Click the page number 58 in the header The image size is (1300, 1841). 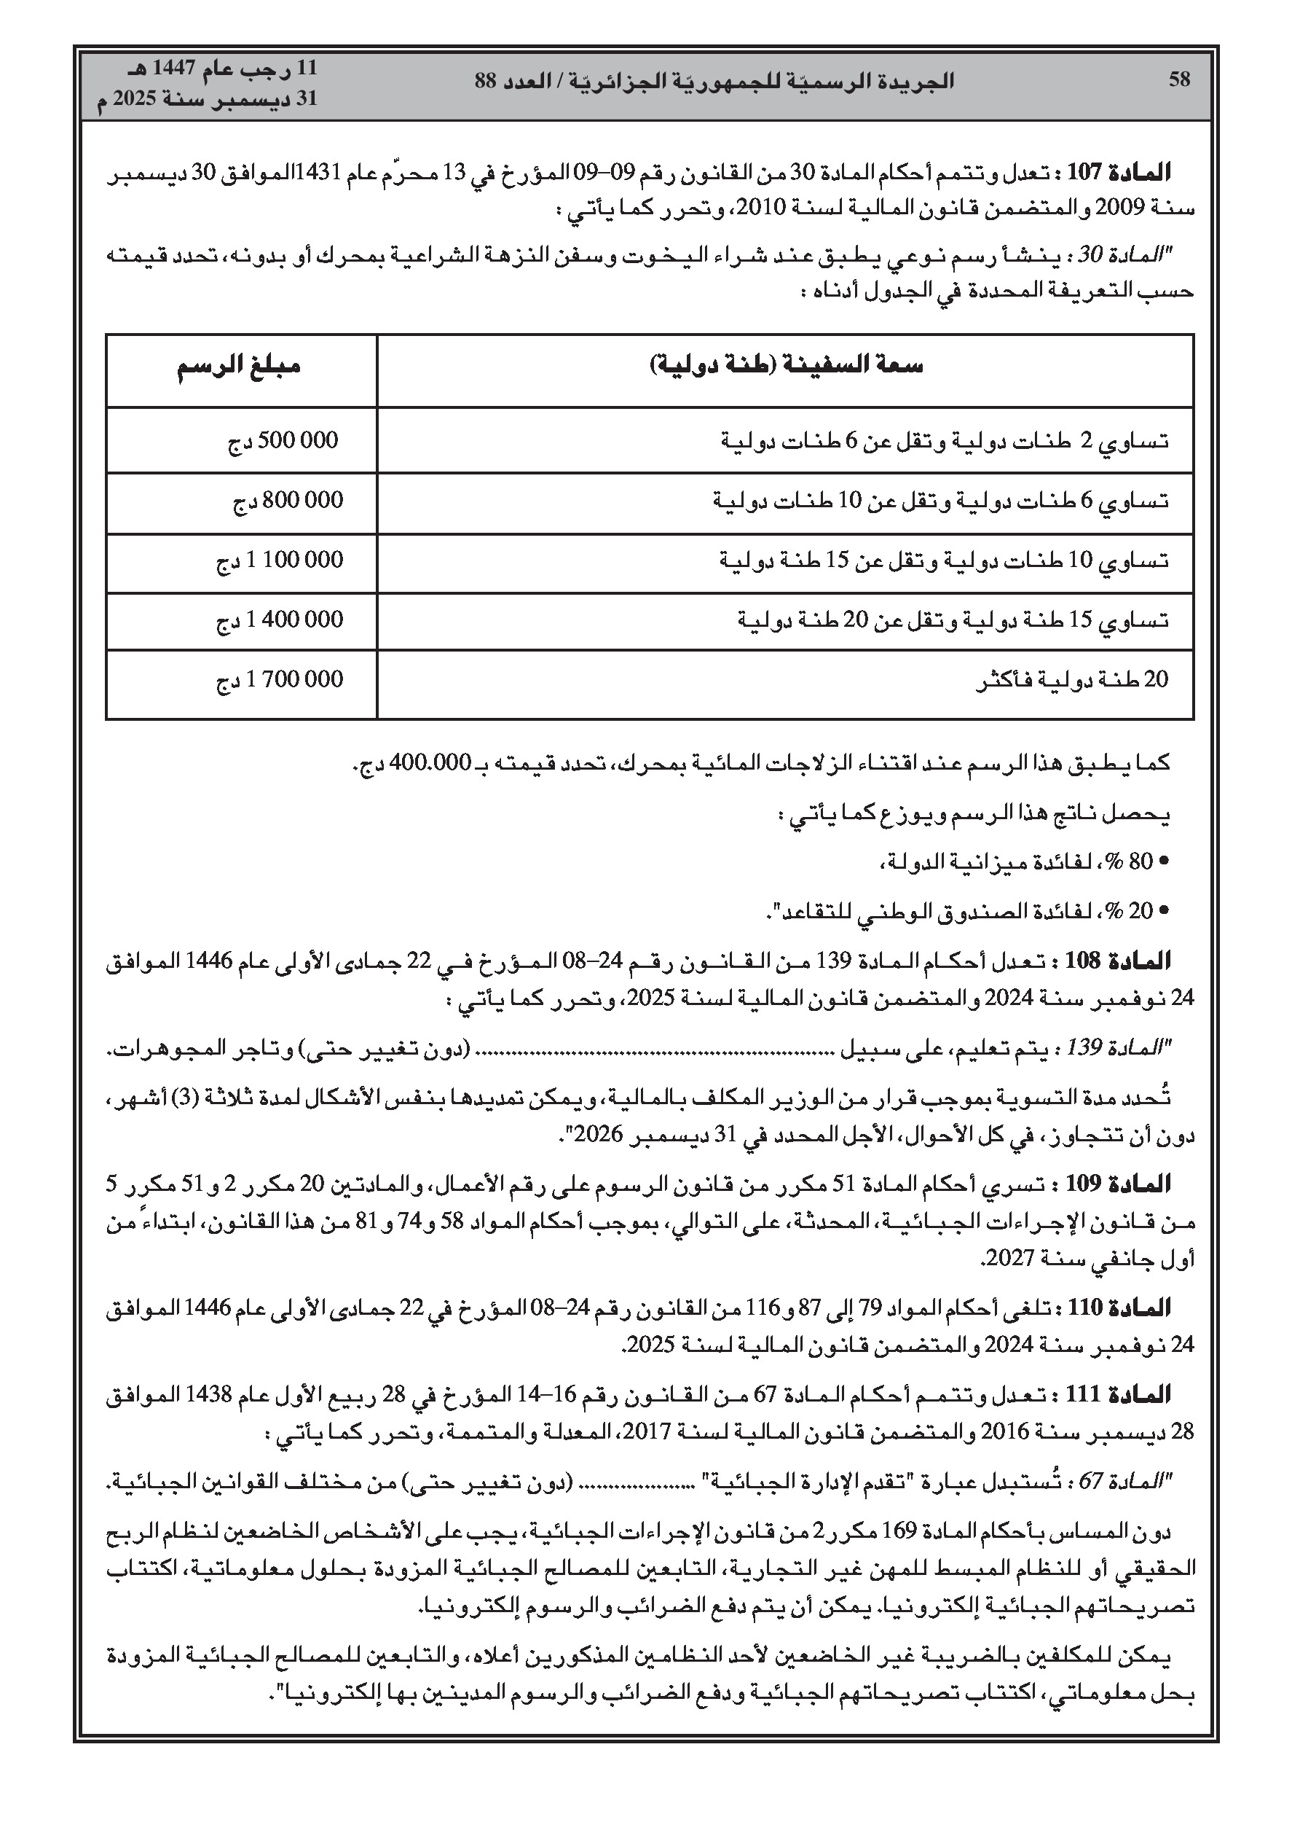(1179, 79)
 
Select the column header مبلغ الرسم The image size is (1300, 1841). (239, 367)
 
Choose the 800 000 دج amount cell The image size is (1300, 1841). (288, 501)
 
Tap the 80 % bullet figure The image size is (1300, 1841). (1140, 862)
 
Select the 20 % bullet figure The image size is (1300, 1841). (1140, 911)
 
